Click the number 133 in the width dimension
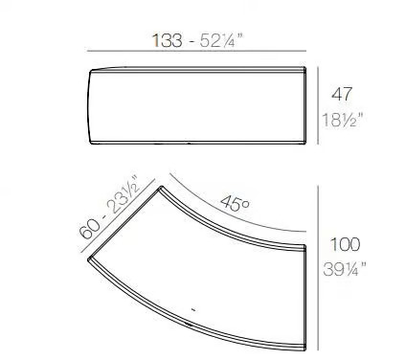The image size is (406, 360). coord(168,40)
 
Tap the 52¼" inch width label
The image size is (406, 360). coord(221,40)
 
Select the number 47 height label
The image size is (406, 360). coord(342,94)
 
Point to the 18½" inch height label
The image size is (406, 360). coord(343,120)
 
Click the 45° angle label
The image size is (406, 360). coord(235,204)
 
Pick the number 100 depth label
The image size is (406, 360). coord(345,244)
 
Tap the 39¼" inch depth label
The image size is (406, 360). coord(345,269)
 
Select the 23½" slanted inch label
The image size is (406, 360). coord(123,193)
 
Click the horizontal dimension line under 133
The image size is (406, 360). coord(196,51)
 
